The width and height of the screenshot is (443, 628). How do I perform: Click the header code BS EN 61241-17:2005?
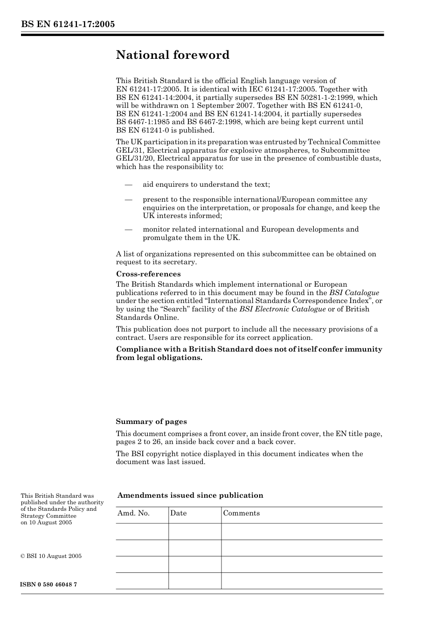pos(68,25)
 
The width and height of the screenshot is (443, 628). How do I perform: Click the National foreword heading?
pos(173,55)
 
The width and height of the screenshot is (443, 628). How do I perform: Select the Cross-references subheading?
pos(148,274)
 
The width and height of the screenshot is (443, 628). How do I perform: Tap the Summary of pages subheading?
pos(151,422)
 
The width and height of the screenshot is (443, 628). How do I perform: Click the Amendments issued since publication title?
pos(190,495)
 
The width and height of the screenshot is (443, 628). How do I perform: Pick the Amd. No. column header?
pos(133,513)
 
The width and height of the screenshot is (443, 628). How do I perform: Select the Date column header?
pos(178,513)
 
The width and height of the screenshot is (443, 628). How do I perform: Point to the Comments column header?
pos(241,513)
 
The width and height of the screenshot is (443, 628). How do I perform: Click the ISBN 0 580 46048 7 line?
pos(49,585)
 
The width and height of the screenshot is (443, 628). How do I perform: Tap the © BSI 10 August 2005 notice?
pos(51,556)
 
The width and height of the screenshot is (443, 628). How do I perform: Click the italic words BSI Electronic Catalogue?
pos(282,309)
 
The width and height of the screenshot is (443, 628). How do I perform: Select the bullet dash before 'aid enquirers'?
pos(129,185)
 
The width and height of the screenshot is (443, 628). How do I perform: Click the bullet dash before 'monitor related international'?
pos(129,230)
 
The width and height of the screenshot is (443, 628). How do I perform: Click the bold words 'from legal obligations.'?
pos(159,358)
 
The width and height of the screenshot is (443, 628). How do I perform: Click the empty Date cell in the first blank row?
pos(194,531)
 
